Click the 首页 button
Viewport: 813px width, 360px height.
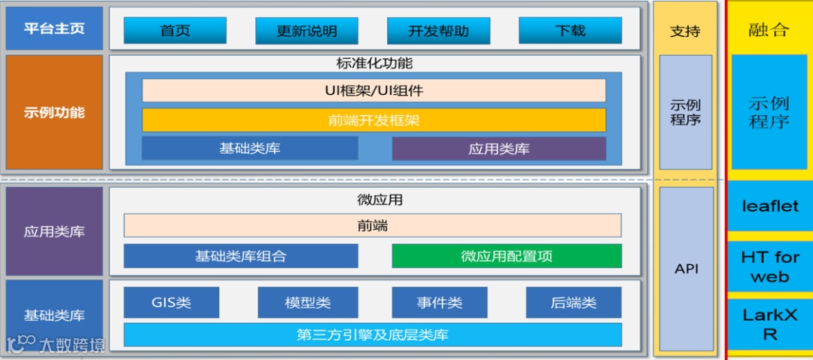pos(175,31)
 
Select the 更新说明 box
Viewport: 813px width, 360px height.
pos(306,31)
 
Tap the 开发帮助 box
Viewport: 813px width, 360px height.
pos(438,31)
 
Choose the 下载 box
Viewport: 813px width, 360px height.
pos(570,31)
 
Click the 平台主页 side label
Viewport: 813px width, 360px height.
pos(53,29)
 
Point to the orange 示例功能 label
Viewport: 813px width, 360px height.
pos(53,112)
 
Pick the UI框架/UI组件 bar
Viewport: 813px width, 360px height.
pos(373,90)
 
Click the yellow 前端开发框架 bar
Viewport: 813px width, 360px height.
pos(373,120)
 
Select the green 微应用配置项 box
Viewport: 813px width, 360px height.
pos(507,256)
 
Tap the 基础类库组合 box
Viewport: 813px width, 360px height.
pos(240,256)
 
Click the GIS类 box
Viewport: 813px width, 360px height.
pos(171,303)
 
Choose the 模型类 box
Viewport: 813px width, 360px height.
pos(306,303)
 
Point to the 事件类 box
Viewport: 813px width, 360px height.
pos(440,303)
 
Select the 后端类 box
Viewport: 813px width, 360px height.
pos(573,303)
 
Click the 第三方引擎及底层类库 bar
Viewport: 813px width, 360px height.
pos(373,334)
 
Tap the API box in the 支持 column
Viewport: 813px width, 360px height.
pos(685,269)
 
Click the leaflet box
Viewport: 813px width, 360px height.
pos(769,206)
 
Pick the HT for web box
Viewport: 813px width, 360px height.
pos(769,267)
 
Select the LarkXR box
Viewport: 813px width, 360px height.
pos(769,325)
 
